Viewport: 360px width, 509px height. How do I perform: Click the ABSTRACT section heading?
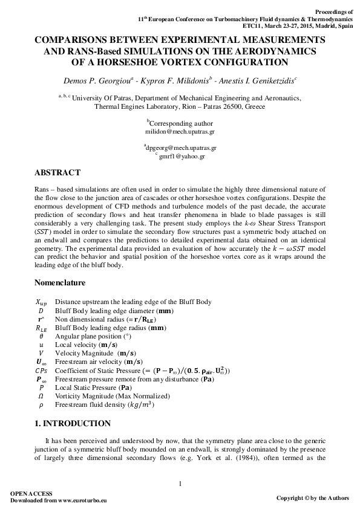(x=57, y=173)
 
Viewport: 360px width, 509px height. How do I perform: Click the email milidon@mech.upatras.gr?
(x=180, y=131)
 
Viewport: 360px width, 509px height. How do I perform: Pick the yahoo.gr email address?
(x=182, y=156)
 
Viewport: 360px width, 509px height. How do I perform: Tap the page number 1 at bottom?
(x=180, y=482)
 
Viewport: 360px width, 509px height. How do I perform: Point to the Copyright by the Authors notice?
(x=312, y=498)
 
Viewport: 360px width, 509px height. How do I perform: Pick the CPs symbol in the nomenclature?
(x=41, y=370)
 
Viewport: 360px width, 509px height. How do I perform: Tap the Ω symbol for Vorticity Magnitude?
(x=41, y=396)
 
